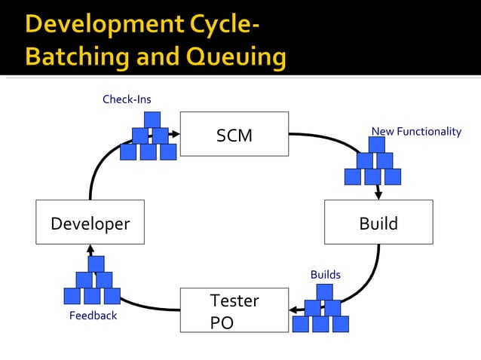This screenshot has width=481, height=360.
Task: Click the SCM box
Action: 234,134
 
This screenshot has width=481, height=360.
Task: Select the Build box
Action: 378,222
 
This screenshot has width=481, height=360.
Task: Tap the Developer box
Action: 90,223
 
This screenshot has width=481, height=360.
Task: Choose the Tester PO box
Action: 234,310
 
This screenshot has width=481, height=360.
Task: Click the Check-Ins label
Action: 127,99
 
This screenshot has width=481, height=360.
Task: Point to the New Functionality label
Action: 416,132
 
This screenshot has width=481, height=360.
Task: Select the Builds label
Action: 325,275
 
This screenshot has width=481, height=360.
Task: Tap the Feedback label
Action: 93,316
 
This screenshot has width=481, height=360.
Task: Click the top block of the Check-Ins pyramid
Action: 152,119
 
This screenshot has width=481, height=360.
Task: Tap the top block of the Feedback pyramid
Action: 97,264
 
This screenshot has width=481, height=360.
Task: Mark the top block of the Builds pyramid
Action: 325,291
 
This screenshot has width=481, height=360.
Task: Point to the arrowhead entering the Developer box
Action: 90,249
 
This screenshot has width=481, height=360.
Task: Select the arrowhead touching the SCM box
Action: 175,134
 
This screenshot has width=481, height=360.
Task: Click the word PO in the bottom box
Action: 222,323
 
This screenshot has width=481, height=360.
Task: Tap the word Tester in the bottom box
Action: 234,301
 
